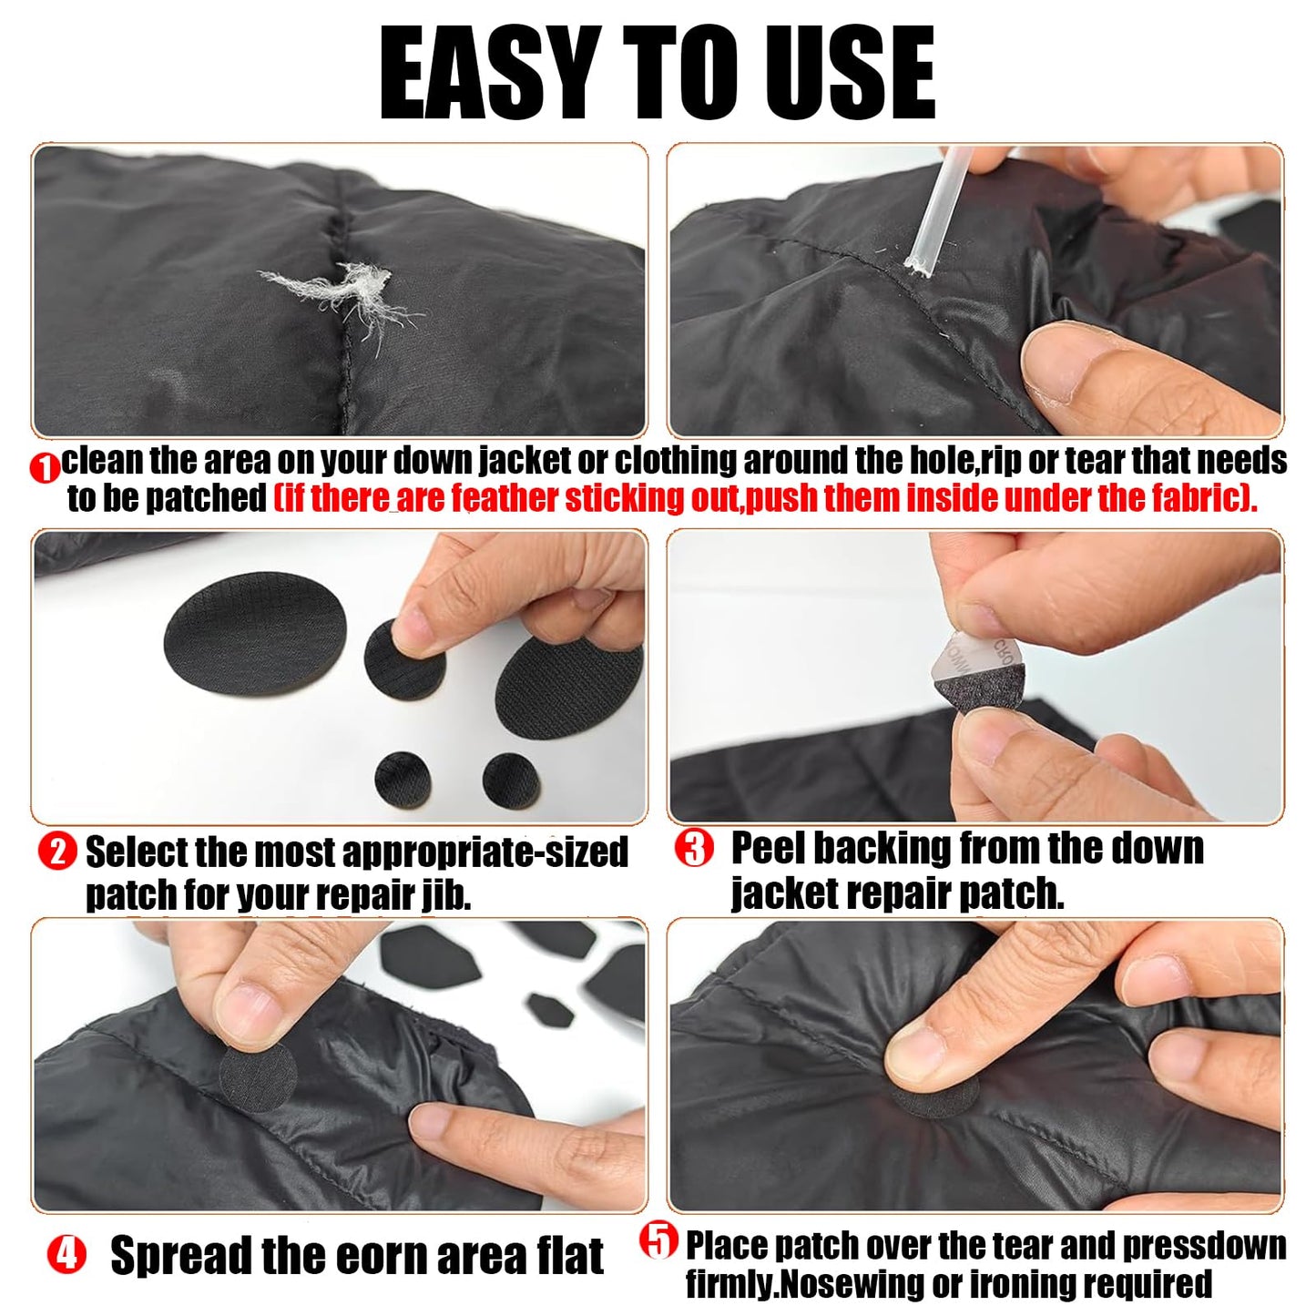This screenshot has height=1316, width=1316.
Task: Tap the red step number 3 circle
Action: click(694, 849)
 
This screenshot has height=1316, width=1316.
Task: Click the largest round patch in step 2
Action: click(255, 624)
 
